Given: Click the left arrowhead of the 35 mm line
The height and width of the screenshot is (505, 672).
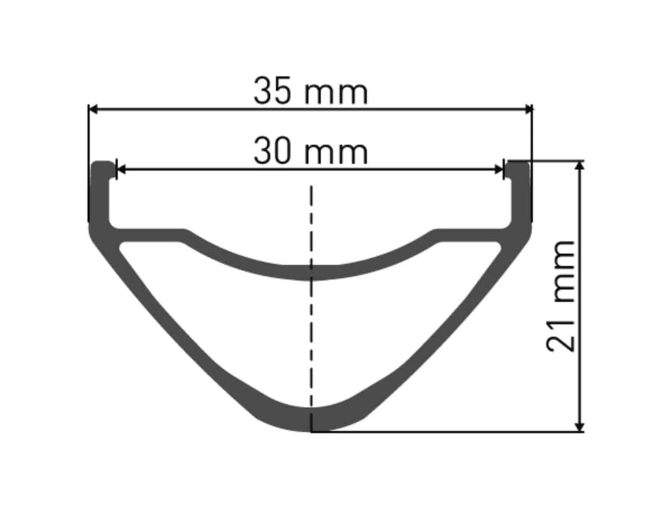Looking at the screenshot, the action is (x=93, y=110).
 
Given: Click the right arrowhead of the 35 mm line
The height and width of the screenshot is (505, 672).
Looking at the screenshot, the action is (x=528, y=110).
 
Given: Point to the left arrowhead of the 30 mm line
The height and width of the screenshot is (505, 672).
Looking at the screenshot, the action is (x=121, y=169).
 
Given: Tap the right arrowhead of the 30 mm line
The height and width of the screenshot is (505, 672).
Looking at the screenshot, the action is (x=499, y=169).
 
